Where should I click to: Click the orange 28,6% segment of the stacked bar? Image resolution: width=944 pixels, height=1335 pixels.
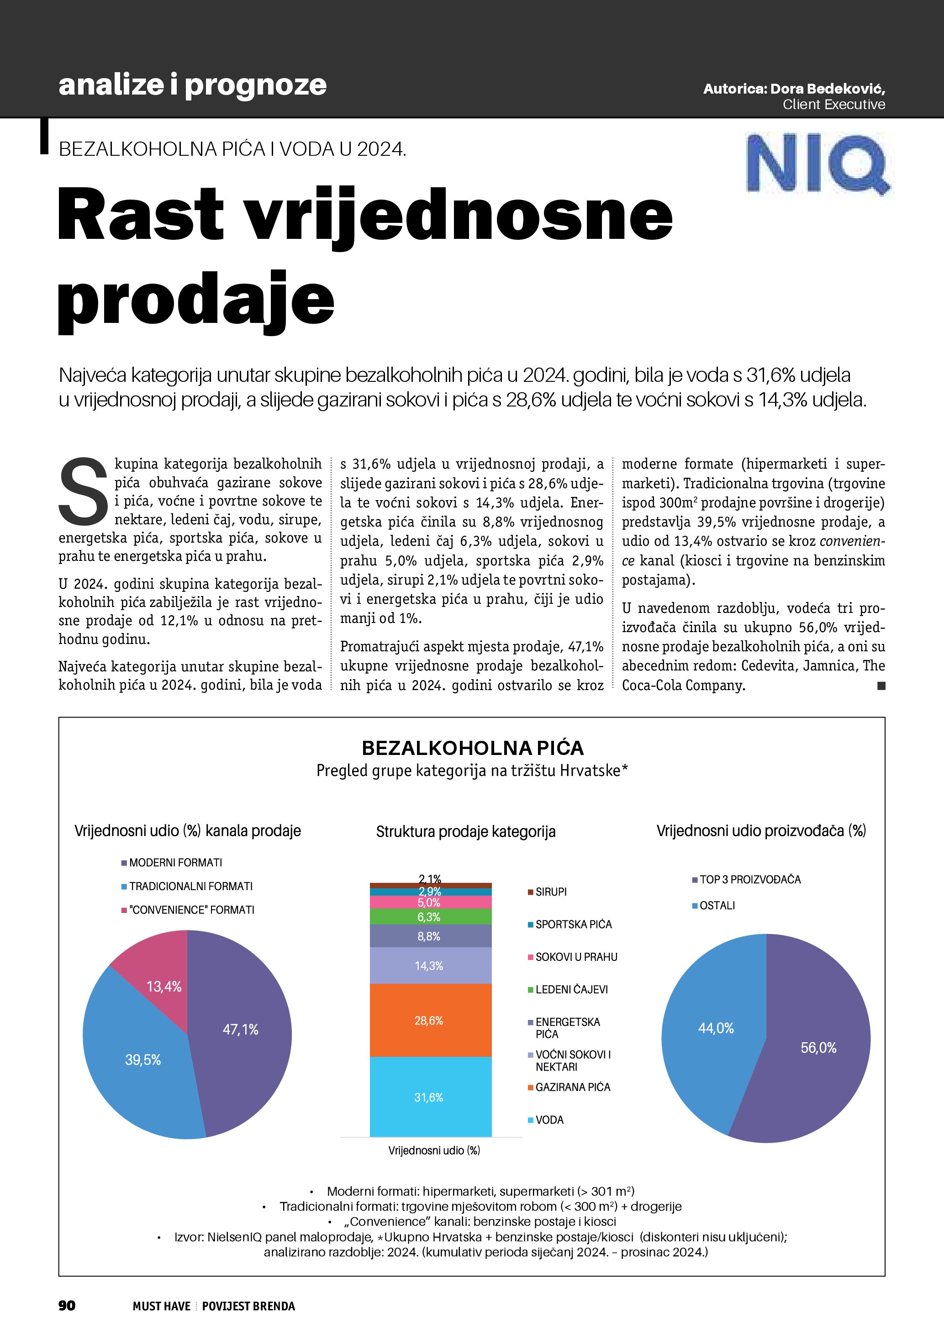click(x=430, y=1020)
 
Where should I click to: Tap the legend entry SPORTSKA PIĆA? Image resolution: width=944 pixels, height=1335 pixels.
click(x=573, y=924)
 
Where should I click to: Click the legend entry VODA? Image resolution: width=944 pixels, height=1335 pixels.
click(x=549, y=1120)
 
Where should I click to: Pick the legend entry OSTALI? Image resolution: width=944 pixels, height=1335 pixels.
click(x=717, y=905)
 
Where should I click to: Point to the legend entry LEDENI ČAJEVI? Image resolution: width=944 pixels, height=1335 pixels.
click(x=571, y=990)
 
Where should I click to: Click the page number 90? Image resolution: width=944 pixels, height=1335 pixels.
click(x=67, y=1306)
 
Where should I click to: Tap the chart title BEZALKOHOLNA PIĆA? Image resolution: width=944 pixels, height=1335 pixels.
click(x=472, y=748)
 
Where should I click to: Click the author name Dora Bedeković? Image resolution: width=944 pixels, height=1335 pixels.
click(x=827, y=89)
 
